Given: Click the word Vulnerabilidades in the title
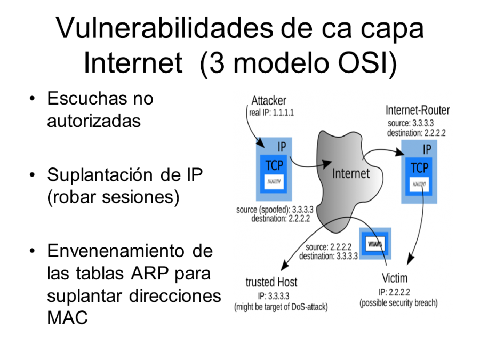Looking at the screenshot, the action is [x=164, y=28].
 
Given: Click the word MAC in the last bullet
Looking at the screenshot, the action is [x=67, y=317].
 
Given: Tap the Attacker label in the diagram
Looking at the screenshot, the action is [x=269, y=100].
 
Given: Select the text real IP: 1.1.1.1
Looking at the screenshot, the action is [x=271, y=113].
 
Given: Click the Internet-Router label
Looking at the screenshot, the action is [x=418, y=110].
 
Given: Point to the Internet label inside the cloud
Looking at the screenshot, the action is [x=351, y=173].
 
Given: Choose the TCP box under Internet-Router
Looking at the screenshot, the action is [x=419, y=177].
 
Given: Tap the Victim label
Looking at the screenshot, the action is [x=395, y=278].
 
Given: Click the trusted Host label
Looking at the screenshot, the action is [x=271, y=282].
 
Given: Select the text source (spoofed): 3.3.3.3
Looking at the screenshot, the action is [x=275, y=210].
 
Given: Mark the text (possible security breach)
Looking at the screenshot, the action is [x=398, y=303].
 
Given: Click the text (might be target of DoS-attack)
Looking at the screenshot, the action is [x=281, y=307].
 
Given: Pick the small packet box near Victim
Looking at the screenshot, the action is [x=375, y=244].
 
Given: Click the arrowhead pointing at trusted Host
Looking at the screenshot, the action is [x=284, y=265].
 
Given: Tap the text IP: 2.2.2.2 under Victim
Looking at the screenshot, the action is [x=394, y=292].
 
